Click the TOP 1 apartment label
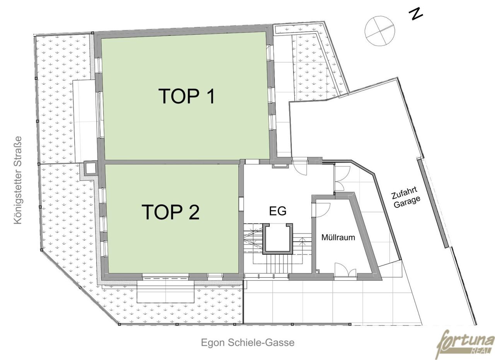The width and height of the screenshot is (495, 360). click(186, 96)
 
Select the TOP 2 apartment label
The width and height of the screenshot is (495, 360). click(171, 212)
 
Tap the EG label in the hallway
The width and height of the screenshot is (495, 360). click(278, 211)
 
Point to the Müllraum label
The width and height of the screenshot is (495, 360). click(338, 237)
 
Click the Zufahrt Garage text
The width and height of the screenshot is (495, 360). click(406, 197)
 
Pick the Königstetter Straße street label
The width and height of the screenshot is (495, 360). click(18, 180)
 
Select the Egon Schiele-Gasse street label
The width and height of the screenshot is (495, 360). click(248, 343)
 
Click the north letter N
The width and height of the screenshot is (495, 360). click(416, 14)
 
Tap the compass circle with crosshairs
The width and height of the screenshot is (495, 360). click(380, 31)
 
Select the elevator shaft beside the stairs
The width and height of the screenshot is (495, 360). click(278, 239)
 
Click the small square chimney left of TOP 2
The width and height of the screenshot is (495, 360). click(90, 168)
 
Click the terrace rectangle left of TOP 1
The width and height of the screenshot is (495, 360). click(85, 121)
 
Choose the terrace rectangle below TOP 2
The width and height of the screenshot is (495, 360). click(166, 292)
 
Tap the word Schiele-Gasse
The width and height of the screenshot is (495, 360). click(261, 343)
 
